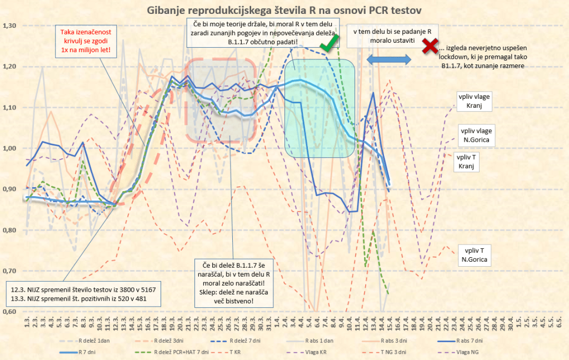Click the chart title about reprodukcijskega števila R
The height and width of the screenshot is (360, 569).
click(283, 9)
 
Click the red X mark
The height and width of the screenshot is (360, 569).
click(429, 47)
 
